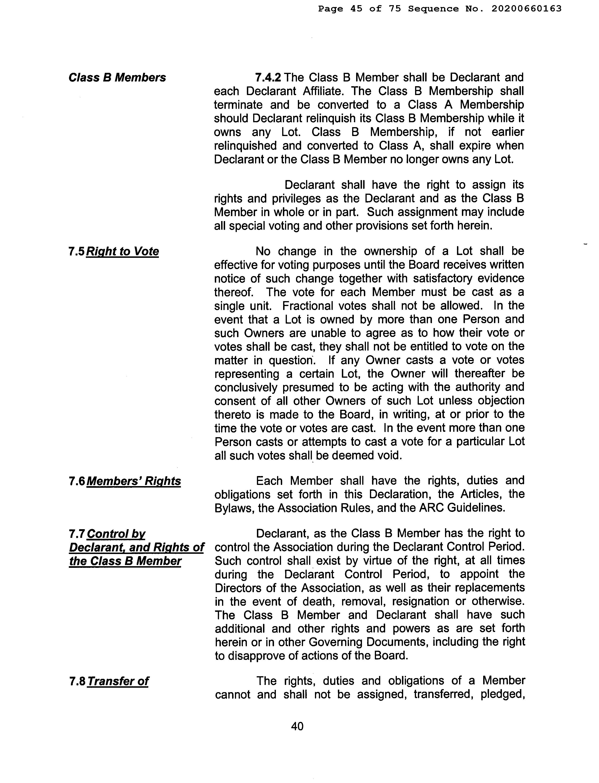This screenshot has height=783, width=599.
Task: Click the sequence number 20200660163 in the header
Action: pyautogui.click(x=526, y=9)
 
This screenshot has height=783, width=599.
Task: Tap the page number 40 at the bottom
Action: pyautogui.click(x=297, y=726)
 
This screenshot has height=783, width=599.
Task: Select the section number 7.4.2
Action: pyautogui.click(x=268, y=78)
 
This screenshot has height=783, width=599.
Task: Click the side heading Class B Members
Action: pyautogui.click(x=117, y=78)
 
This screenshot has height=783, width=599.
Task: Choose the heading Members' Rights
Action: pyautogui.click(x=134, y=481)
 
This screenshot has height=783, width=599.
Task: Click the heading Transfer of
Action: pyautogui.click(x=118, y=681)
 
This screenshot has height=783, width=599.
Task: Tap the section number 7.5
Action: pyautogui.click(x=77, y=251)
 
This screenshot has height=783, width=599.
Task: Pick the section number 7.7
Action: pyautogui.click(x=77, y=534)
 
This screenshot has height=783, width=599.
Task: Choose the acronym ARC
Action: pyautogui.click(x=430, y=508)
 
